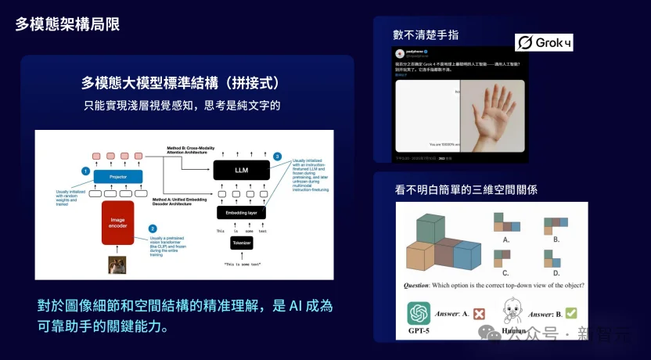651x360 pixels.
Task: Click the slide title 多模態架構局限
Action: click(67, 24)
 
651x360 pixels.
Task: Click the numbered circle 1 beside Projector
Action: click(86, 170)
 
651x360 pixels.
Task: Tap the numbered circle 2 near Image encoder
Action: click(153, 229)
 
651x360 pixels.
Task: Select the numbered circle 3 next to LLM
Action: click(278, 157)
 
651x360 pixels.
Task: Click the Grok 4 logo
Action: click(544, 43)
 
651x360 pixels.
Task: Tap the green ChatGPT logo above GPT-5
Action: click(419, 314)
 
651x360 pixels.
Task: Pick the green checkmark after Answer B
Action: click(570, 312)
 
